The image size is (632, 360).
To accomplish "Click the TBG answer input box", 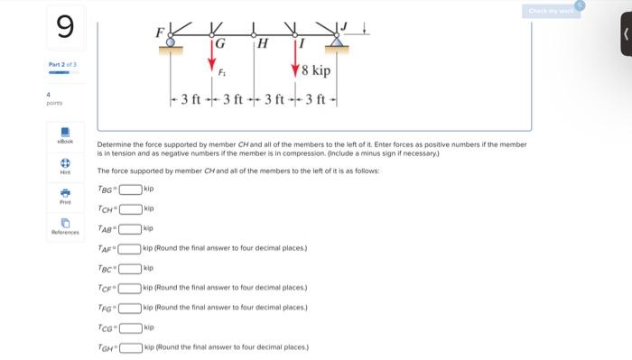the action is [132, 189].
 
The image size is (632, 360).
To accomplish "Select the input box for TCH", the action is [132, 209].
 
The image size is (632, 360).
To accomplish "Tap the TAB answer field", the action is [132, 229].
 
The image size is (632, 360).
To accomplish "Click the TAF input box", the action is [132, 248].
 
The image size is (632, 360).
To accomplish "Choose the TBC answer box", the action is [132, 268].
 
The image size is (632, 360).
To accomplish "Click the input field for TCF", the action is [132, 288].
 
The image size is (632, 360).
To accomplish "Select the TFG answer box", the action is [132, 308].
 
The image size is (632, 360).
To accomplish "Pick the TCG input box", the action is [132, 328].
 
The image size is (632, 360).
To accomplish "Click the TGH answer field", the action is [132, 347].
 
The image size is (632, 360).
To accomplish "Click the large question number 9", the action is [65, 28].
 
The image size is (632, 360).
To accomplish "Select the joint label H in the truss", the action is [263, 42].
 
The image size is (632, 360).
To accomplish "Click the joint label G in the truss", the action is [218, 42].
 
